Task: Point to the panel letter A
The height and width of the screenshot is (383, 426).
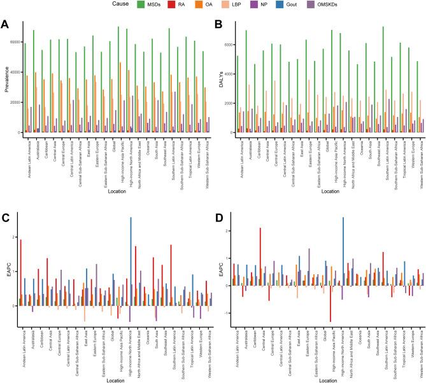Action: [x=6, y=25]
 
